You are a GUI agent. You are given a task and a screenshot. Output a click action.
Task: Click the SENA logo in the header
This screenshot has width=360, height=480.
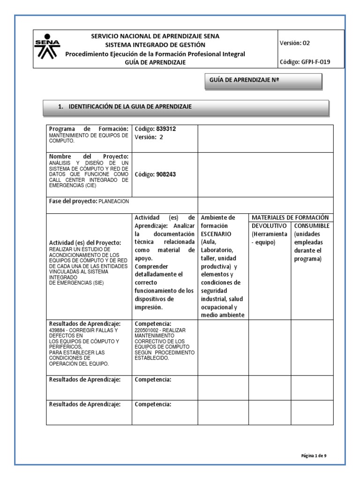click(47, 49)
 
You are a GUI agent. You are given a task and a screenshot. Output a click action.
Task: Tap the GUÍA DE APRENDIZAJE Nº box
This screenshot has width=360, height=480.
click(263, 81)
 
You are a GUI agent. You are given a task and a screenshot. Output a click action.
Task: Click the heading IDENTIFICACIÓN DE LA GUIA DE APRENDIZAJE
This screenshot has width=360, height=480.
click(130, 107)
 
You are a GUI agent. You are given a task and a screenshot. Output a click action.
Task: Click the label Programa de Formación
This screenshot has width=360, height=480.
click(88, 129)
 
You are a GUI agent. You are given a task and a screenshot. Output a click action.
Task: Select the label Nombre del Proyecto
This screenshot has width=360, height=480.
click(88, 156)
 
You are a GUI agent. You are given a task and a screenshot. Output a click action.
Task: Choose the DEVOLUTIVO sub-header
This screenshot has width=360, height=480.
click(269, 225)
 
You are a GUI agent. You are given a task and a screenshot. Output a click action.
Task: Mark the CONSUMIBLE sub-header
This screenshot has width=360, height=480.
click(312, 225)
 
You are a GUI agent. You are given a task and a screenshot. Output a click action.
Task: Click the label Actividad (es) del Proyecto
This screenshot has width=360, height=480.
click(85, 242)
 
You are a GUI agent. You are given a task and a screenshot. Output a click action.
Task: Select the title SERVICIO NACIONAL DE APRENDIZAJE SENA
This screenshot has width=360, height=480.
click(155, 36)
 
